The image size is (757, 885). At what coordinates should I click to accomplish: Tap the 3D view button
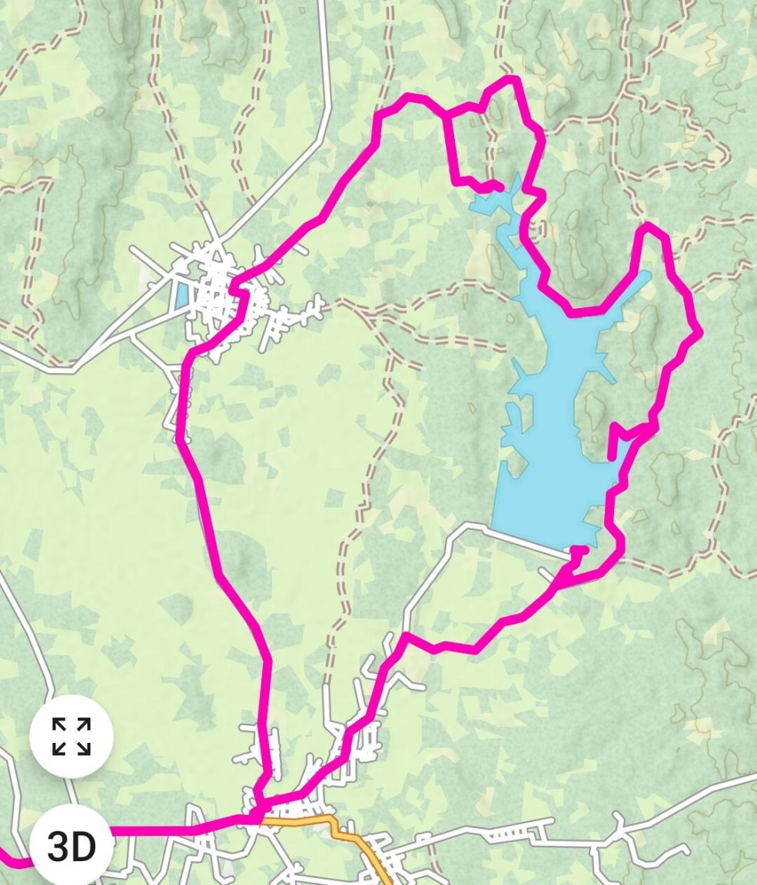[x=71, y=846]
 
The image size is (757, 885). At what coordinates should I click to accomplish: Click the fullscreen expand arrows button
[x=71, y=736]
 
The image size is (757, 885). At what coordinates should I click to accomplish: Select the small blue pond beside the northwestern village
[x=181, y=296]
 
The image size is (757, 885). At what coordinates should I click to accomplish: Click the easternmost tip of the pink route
[x=699, y=333]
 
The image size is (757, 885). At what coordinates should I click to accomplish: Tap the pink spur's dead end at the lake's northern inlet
[x=500, y=187]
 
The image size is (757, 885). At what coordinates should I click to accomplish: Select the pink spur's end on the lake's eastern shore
[x=612, y=457]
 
